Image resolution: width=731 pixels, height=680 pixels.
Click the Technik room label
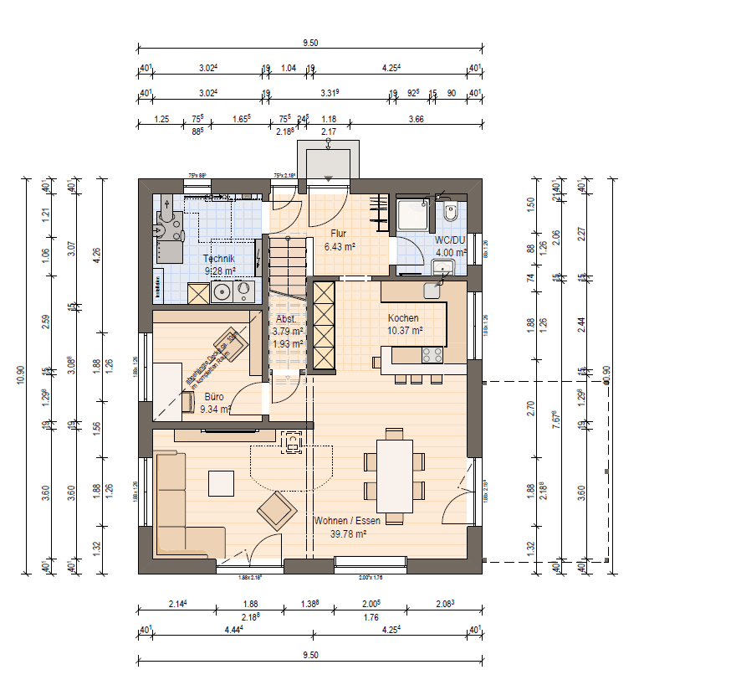click(x=218, y=259)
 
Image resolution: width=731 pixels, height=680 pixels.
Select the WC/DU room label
click(x=449, y=240)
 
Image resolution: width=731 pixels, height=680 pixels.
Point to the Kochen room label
click(x=403, y=318)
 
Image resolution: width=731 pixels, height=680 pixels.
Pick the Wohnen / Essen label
click(x=347, y=520)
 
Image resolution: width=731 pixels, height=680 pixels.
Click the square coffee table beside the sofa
click(x=222, y=483)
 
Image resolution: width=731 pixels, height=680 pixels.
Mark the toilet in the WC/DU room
click(x=451, y=214)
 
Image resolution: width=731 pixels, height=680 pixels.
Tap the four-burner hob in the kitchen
click(x=432, y=355)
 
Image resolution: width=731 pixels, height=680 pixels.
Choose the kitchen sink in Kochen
click(x=432, y=290)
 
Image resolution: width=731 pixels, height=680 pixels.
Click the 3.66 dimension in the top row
click(x=416, y=119)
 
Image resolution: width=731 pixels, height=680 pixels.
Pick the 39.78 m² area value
click(x=347, y=533)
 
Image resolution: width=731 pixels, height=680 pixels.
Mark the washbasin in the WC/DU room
click(x=442, y=268)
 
